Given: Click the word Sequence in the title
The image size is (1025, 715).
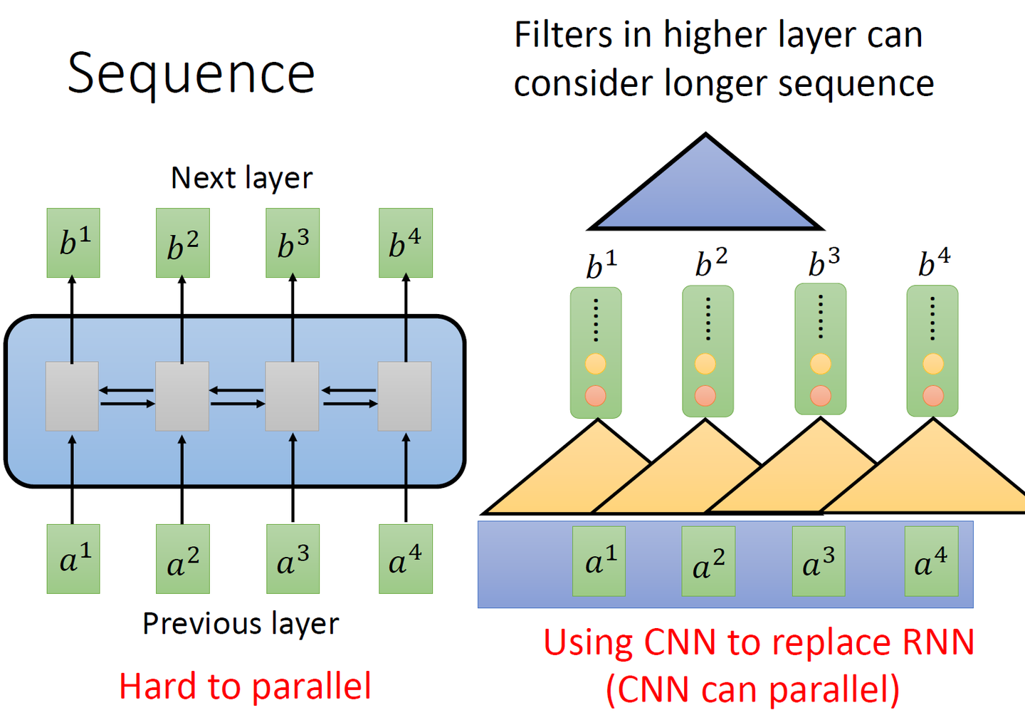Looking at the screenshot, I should [x=191, y=73].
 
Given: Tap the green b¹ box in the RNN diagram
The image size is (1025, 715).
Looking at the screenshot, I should [x=73, y=243].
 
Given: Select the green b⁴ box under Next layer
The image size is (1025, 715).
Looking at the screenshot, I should [x=406, y=243].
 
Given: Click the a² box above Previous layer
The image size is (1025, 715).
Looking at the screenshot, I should [x=183, y=559].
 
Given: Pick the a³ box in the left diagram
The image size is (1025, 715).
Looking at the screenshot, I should [x=293, y=559].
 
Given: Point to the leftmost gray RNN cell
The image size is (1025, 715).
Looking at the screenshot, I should [x=72, y=396].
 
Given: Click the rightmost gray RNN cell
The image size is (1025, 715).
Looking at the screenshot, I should [x=404, y=396].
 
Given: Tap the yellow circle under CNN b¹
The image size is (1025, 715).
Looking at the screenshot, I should [x=596, y=364].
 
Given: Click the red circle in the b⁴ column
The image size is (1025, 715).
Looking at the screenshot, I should [x=933, y=395].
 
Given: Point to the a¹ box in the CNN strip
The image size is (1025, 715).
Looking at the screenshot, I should [x=599, y=561].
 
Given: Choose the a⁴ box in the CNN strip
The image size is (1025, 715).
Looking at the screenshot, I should [x=931, y=561].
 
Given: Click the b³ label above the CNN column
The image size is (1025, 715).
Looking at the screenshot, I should [x=824, y=263].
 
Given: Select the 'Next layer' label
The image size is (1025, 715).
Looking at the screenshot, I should [x=241, y=178].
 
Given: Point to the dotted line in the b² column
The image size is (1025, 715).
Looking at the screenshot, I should [x=708, y=318].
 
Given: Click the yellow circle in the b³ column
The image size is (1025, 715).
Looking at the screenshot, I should [x=821, y=364].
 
